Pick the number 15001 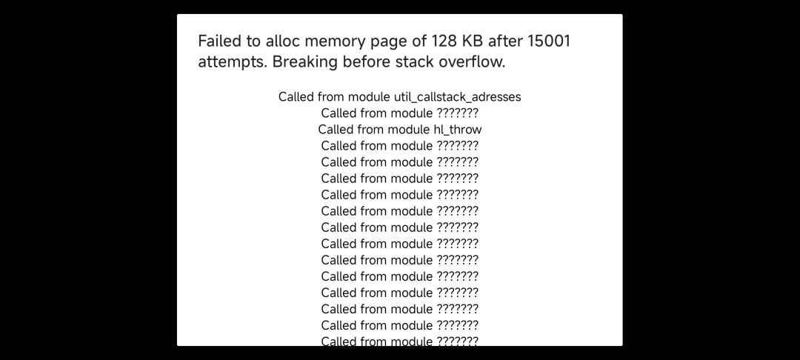(548, 41)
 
